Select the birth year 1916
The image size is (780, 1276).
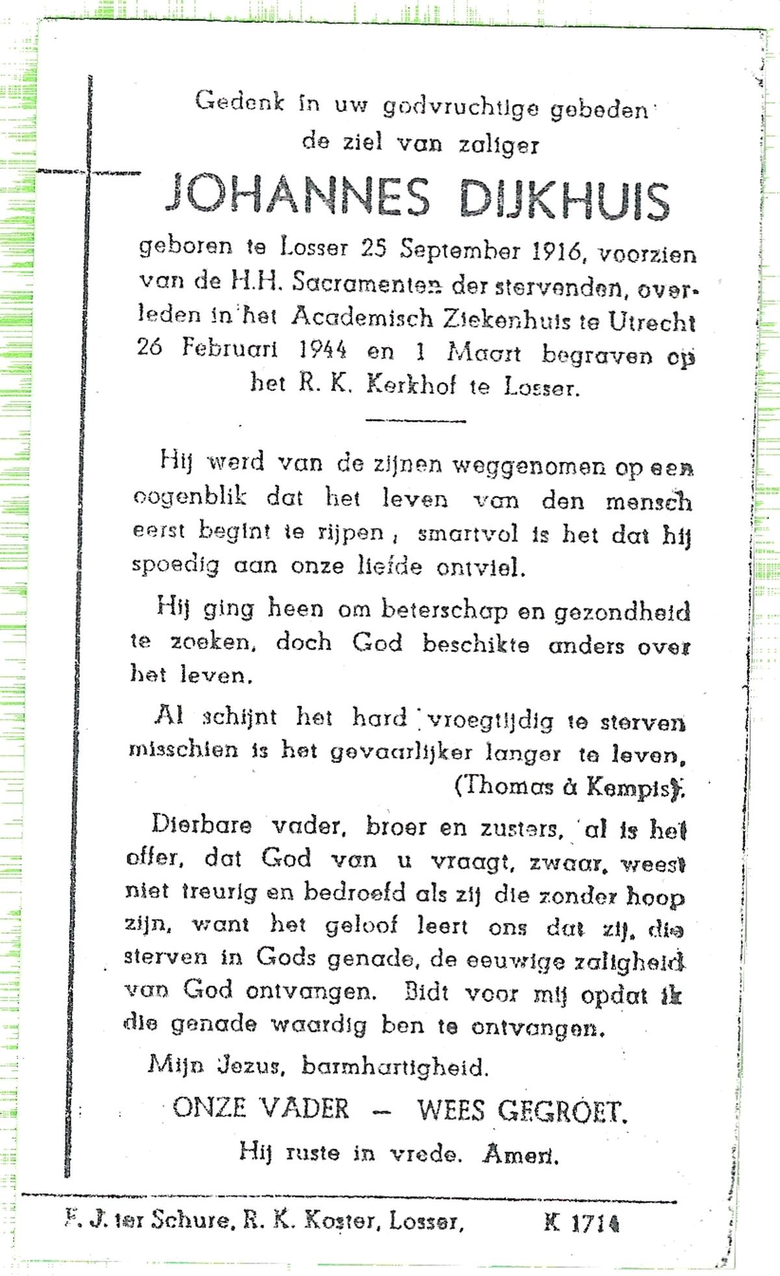(555, 251)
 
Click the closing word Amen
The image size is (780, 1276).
(521, 1154)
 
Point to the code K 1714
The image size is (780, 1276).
(580, 1223)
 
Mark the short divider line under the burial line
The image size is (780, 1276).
(416, 420)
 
